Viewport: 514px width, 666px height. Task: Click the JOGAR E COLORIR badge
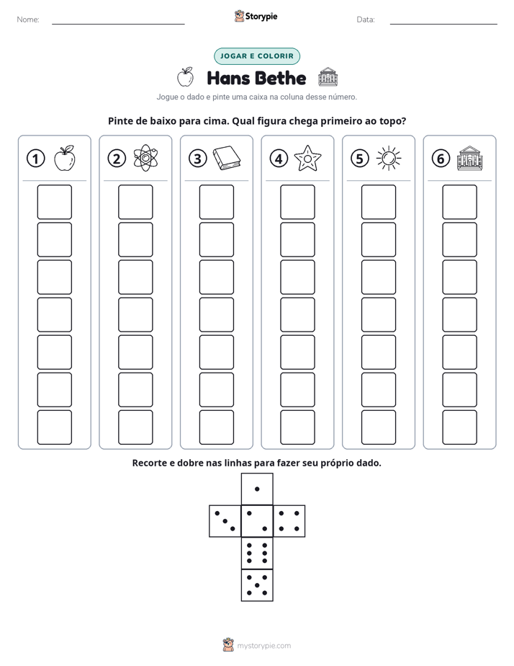pos(256,56)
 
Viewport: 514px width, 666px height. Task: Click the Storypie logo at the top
pos(256,17)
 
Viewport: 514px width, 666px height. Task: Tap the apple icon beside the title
pos(185,77)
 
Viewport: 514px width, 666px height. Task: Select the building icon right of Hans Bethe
pos(328,77)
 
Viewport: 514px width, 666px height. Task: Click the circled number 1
pos(35,159)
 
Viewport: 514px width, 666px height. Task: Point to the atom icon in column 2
pos(145,158)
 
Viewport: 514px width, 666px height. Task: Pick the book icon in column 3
pos(227,159)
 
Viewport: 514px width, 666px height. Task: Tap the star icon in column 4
pos(307,158)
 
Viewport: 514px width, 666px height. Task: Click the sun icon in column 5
pos(389,158)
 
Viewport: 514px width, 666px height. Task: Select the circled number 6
pos(441,159)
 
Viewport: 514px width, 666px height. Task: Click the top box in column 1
pos(54,202)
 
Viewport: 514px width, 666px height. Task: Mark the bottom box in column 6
pos(459,427)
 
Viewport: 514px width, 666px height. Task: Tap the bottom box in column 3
pos(216,427)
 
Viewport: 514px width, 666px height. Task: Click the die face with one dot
pos(257,489)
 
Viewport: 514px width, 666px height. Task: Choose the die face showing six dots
pos(257,553)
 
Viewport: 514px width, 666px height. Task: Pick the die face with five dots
pos(257,585)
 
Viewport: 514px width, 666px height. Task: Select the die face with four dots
pos(289,520)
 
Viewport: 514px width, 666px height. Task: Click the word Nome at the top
pos(28,19)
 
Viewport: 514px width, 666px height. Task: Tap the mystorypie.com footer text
pos(263,646)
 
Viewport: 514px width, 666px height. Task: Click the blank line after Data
pos(443,24)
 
